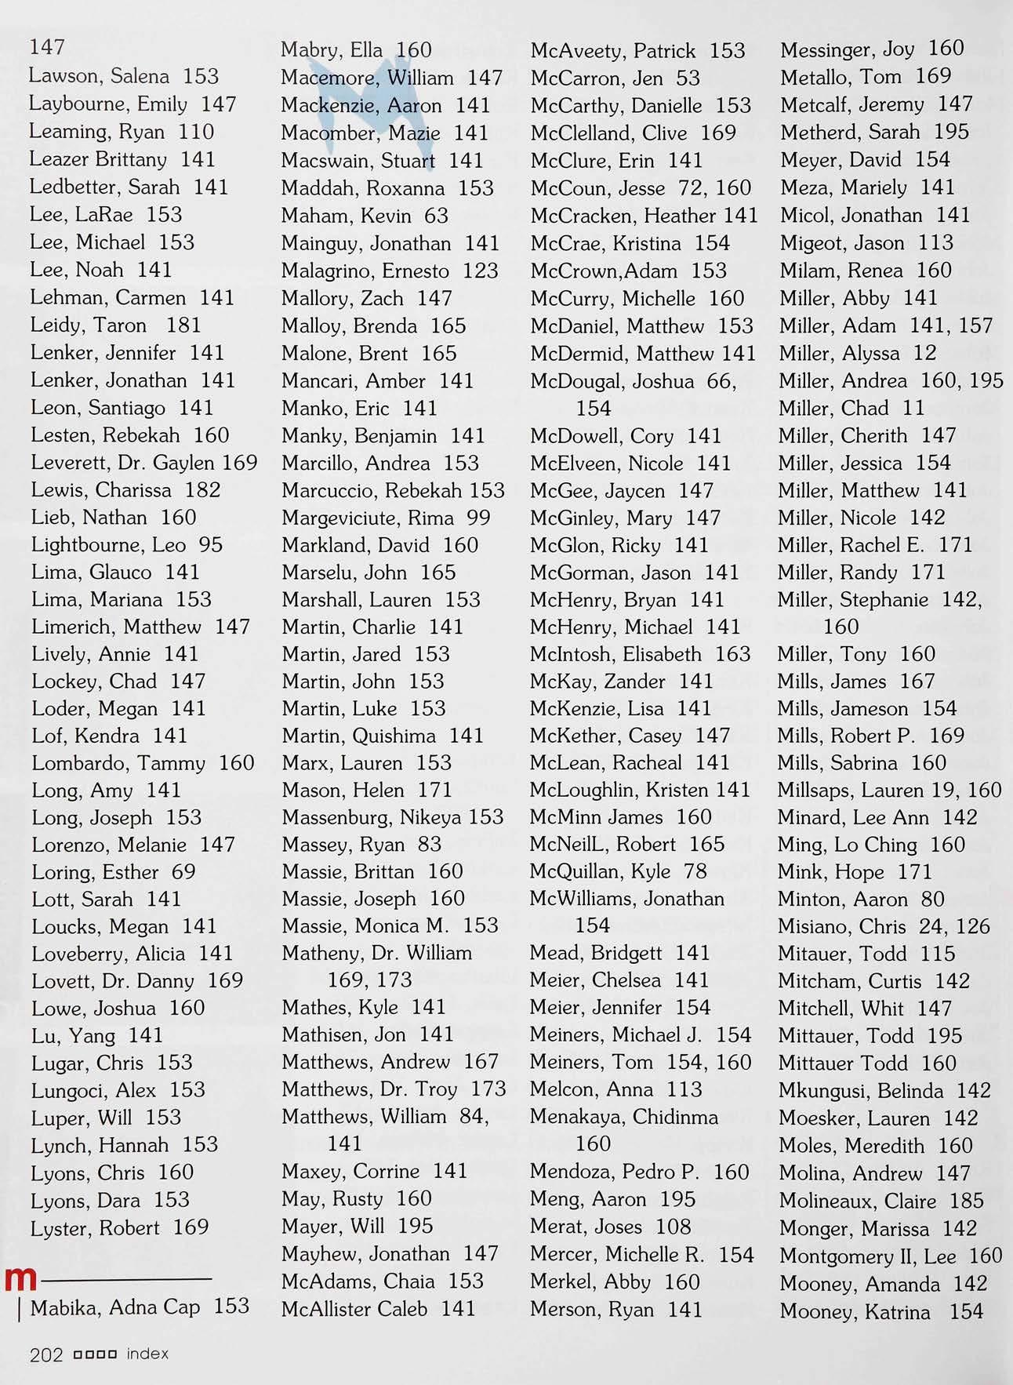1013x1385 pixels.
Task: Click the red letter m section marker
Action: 20,1279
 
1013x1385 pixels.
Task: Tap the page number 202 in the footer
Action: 45,1354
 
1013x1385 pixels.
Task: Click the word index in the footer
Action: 147,1354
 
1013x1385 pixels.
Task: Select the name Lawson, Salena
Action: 99,76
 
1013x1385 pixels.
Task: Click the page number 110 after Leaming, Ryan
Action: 196,132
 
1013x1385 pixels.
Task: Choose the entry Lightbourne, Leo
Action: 108,545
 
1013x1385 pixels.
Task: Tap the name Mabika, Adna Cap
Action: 115,1307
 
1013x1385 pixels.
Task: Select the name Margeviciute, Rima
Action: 368,518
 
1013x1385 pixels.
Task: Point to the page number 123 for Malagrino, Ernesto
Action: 481,271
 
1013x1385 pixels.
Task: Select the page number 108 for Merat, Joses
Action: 674,1227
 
